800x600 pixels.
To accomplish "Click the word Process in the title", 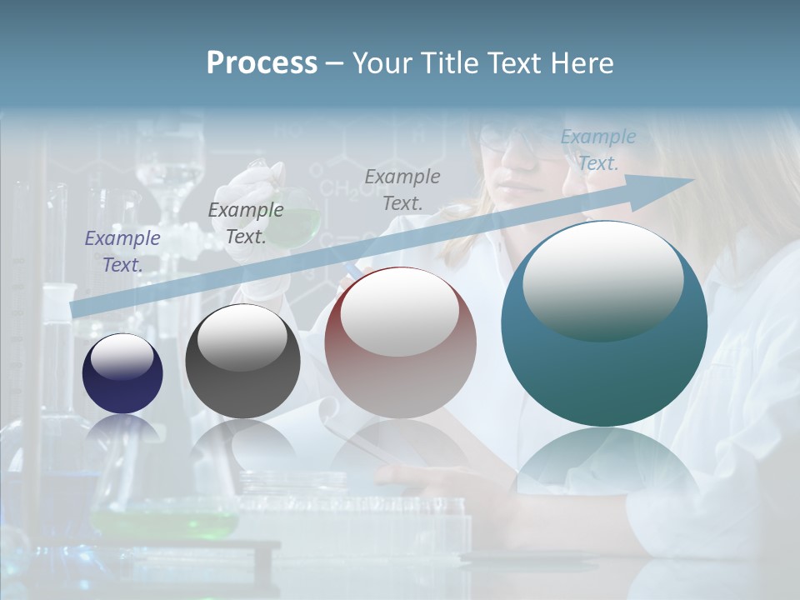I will click(x=262, y=63).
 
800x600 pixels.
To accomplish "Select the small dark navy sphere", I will click(x=122, y=374).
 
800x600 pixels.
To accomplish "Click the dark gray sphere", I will click(x=242, y=362).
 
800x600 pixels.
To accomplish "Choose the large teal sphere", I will click(x=604, y=323).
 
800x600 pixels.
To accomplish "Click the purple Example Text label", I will click(x=122, y=251).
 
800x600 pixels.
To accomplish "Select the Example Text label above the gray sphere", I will click(x=246, y=222).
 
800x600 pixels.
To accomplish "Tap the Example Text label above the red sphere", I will click(x=402, y=189).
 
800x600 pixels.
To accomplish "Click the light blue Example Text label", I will click(x=598, y=149).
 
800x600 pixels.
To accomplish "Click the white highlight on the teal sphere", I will click(x=602, y=279).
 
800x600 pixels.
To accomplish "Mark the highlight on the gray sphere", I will click(x=242, y=337).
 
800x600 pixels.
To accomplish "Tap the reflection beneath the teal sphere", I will click(x=604, y=467).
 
